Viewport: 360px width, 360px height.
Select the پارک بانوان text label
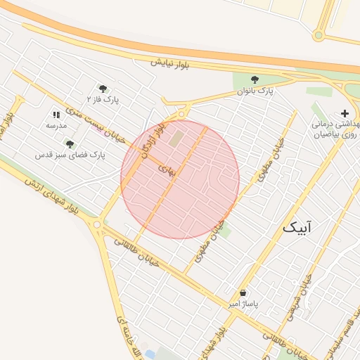[x=254, y=91]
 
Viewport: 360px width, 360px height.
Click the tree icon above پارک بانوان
[x=255, y=79]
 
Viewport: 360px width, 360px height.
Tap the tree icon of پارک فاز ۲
[x=103, y=89]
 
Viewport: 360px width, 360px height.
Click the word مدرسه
[x=56, y=125]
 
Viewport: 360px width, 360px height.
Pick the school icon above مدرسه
[x=56, y=115]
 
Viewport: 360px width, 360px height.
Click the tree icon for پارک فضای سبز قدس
[x=70, y=143]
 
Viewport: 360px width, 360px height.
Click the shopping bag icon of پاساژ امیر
[x=243, y=292]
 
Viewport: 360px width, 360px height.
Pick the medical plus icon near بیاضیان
[x=345, y=113]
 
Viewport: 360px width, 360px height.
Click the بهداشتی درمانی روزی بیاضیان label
[x=337, y=128]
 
